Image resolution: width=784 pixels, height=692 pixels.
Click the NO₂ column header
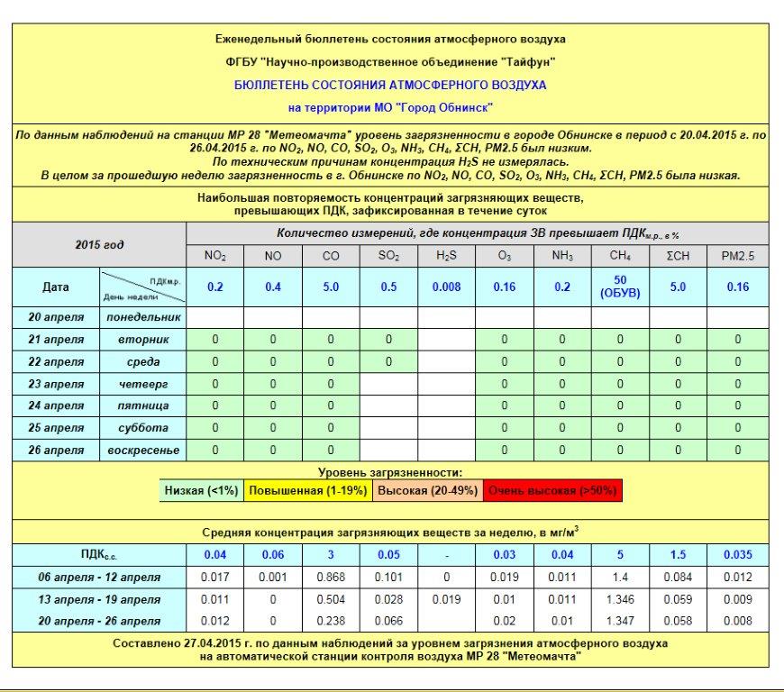coord(214,256)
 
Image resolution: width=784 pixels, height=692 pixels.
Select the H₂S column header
coord(446,256)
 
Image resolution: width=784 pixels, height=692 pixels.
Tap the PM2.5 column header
coord(737,256)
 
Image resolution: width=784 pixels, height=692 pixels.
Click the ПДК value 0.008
coord(446,287)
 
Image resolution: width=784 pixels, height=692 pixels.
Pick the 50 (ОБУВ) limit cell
coord(620,287)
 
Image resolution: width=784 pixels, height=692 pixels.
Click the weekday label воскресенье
coord(143,450)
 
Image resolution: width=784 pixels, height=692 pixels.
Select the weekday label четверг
coord(143,384)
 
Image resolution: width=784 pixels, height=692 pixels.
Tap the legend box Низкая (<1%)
coord(201,491)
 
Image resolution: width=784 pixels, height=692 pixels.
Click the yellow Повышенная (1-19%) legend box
coord(307,491)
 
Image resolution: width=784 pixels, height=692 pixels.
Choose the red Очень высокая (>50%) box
coord(552,491)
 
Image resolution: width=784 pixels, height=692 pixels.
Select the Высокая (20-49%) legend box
coord(427,491)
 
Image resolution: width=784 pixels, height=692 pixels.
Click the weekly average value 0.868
coord(331,577)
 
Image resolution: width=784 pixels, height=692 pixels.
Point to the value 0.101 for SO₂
coord(388,577)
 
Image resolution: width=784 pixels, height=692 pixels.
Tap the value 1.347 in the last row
coord(620,621)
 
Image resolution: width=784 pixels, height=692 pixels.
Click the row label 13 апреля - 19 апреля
coord(99,599)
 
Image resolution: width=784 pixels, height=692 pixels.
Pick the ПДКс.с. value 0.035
coord(737,554)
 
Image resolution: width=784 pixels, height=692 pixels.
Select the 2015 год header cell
coord(99,245)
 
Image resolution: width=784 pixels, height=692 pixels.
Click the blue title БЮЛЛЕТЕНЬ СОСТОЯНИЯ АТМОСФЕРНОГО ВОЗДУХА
coord(390,86)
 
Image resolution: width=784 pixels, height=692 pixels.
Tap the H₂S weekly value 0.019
coord(446,599)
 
